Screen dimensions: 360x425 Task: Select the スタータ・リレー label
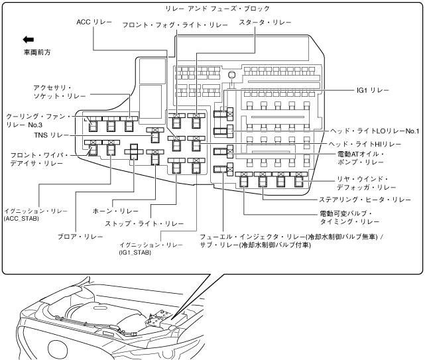click(265, 23)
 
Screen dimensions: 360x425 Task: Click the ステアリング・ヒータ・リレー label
click(363, 199)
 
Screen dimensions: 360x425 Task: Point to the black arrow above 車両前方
click(28, 40)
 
